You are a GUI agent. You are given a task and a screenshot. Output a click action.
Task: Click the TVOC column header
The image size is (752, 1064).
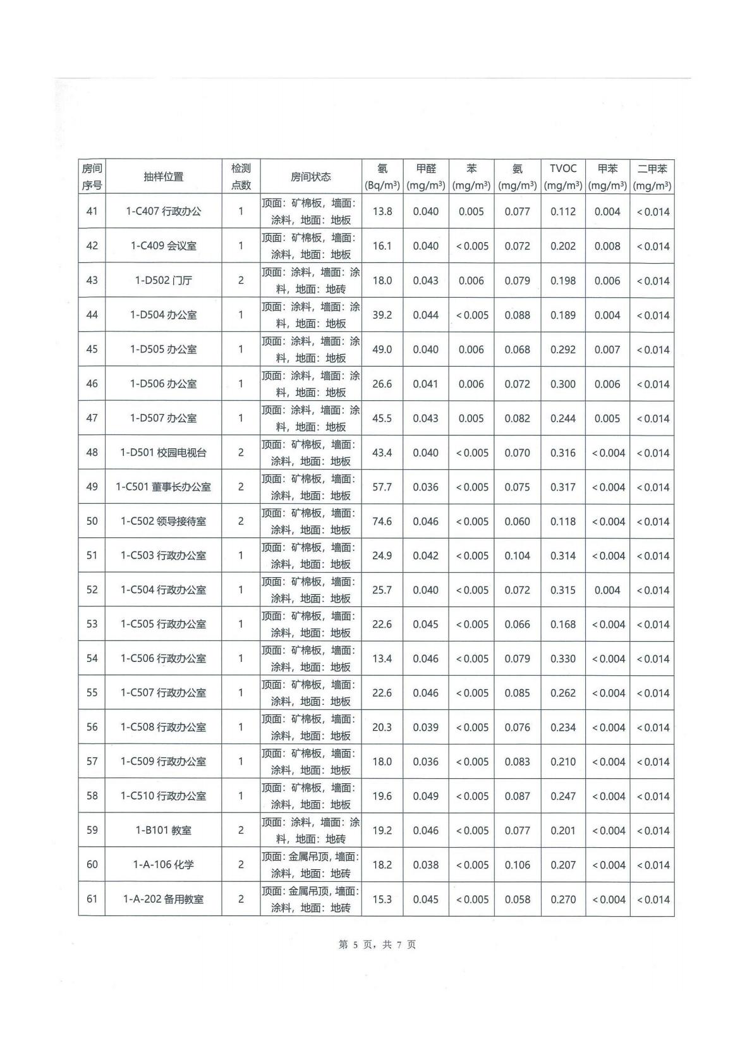563,176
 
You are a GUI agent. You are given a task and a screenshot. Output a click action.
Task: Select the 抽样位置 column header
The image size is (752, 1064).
163,177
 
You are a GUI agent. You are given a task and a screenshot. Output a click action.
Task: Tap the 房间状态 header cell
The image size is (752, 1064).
310,177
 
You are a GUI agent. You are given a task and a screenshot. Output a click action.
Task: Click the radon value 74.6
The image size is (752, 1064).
382,522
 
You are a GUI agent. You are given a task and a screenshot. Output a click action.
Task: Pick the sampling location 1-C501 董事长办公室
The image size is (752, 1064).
163,487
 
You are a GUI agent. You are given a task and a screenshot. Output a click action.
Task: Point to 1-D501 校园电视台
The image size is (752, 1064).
163,453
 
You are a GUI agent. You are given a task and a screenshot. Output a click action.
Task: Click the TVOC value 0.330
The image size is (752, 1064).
563,659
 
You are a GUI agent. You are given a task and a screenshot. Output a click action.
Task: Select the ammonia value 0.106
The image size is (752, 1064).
518,865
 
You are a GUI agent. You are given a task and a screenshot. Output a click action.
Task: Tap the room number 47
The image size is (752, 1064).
92,419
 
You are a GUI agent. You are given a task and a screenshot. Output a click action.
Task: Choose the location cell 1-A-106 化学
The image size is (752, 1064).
163,865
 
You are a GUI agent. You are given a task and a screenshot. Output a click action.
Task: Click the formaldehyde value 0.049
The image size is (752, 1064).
426,796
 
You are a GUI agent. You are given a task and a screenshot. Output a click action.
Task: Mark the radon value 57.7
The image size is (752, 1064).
382,487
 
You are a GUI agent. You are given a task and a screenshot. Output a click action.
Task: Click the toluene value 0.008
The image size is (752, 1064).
607,246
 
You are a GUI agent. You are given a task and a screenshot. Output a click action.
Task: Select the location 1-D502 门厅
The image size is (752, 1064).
163,281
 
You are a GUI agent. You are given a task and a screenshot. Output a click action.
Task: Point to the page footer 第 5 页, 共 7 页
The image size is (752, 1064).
377,945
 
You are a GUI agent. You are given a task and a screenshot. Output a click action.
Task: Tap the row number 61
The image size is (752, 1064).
92,899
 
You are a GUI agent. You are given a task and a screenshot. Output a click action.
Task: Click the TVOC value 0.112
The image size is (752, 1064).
563,212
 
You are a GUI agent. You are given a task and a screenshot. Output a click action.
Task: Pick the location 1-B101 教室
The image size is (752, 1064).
163,831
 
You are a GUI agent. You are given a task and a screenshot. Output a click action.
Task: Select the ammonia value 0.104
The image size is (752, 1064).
518,556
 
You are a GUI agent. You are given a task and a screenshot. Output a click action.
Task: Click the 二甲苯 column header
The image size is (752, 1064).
652,176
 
